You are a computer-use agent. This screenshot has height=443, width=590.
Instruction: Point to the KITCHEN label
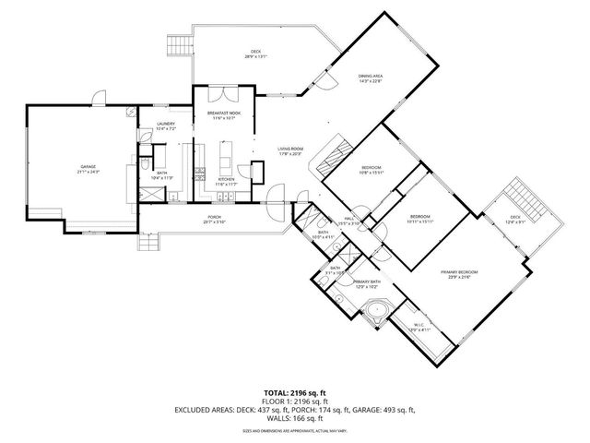click(227, 180)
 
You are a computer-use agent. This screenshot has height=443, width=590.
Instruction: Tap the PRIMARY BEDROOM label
click(458, 271)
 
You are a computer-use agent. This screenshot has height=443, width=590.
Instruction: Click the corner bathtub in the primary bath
click(376, 310)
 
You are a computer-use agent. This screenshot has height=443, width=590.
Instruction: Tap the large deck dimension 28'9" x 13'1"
click(256, 56)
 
